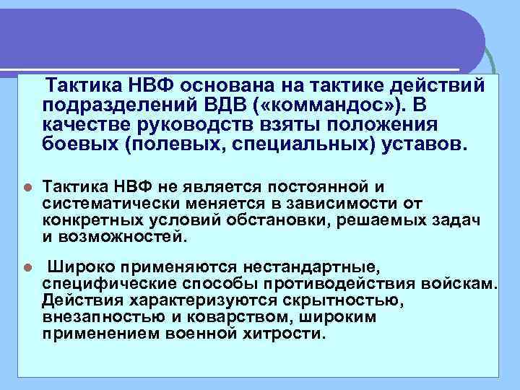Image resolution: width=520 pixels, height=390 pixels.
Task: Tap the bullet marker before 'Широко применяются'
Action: click(x=27, y=267)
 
